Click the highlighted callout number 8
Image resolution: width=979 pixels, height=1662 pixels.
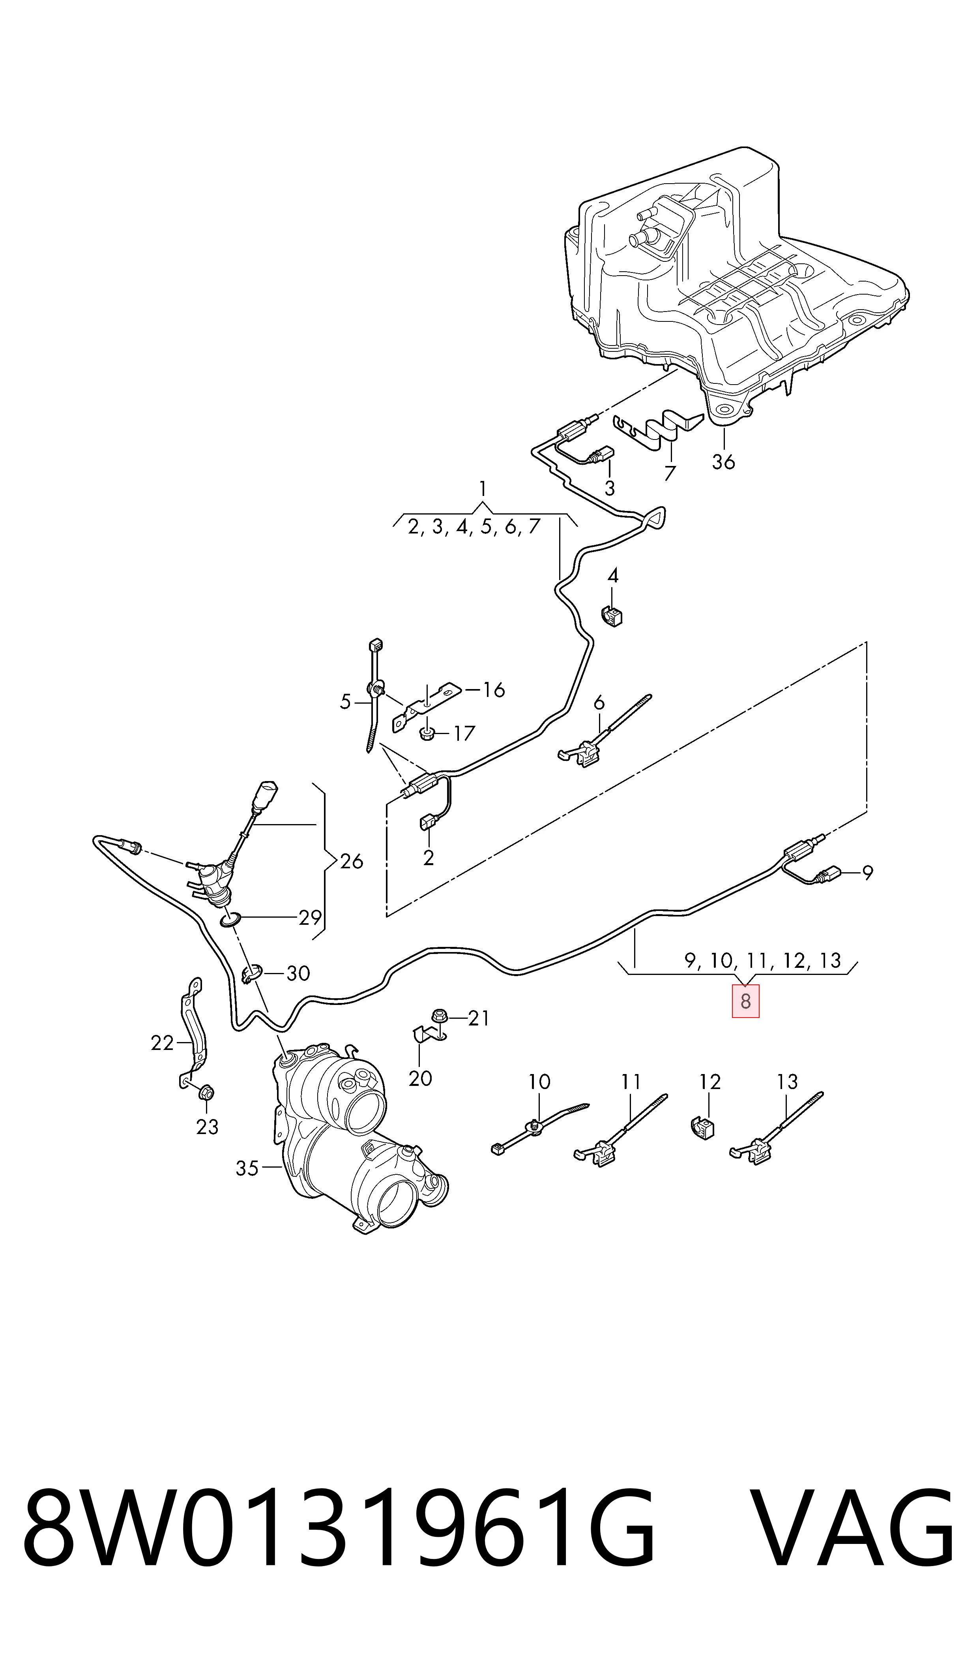coord(745,1001)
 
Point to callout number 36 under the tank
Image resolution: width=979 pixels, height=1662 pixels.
coord(723,461)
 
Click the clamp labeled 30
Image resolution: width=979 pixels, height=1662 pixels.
coord(253,973)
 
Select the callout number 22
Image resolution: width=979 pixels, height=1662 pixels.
coord(162,1043)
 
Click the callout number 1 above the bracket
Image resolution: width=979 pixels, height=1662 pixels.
coord(483,489)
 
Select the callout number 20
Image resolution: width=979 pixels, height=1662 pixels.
coord(420,1078)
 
